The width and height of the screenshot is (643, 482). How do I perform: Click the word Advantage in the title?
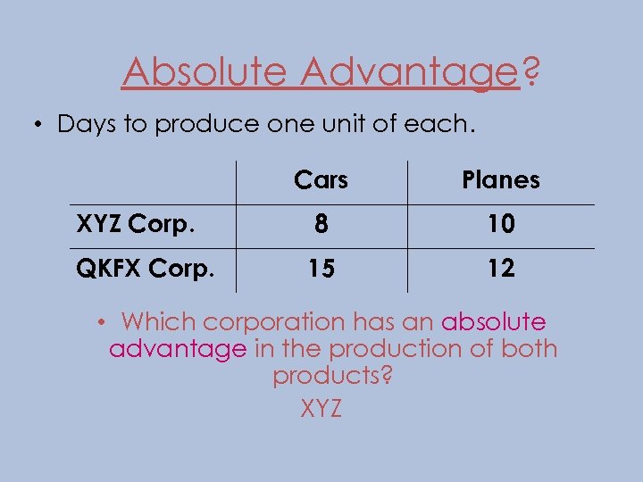tap(409, 71)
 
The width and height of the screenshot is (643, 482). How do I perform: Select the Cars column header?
tap(321, 180)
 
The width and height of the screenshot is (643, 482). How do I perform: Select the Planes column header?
tap(501, 180)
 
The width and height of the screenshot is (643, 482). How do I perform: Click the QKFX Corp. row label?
tap(145, 268)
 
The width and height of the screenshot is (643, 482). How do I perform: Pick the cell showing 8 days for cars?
tap(321, 225)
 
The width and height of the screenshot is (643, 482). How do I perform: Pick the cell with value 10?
tap(501, 225)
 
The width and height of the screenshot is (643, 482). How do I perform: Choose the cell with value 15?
tap(321, 269)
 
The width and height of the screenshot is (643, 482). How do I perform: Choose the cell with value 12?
tap(501, 269)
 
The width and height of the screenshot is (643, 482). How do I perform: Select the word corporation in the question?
tap(275, 322)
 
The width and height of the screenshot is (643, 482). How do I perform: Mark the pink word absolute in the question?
tap(493, 321)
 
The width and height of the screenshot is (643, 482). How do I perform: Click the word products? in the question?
tap(332, 377)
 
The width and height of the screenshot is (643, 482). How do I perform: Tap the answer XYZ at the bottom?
tap(321, 409)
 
